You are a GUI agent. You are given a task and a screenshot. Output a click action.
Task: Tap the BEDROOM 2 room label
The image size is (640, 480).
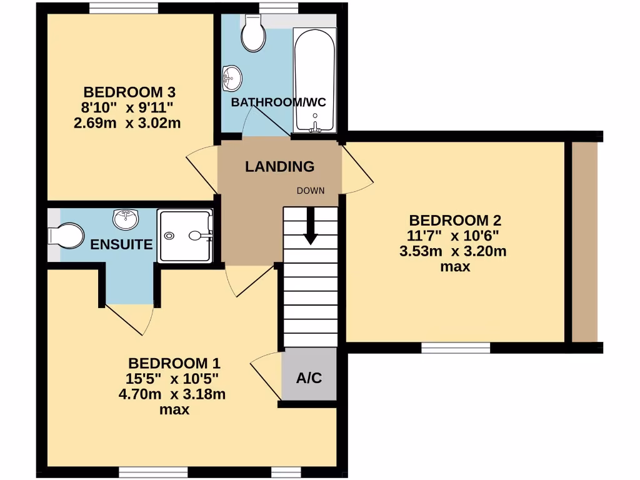[x=455, y=221]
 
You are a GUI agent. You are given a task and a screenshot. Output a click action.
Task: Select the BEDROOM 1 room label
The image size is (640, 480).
[x=174, y=363]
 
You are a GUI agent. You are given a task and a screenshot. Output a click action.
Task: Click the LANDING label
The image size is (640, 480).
[x=279, y=167]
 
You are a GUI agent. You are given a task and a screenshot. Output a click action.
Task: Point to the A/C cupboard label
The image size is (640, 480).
[x=309, y=378]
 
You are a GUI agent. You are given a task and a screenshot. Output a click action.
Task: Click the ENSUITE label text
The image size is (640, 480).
[x=121, y=244]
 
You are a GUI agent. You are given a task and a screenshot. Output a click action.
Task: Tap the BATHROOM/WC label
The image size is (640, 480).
[x=278, y=102]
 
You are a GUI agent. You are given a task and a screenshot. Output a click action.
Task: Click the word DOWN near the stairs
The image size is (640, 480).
[x=311, y=191]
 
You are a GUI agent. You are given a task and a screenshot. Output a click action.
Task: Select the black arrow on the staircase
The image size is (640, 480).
[x=311, y=229]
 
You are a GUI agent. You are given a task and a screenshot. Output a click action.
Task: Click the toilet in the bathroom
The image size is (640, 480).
[x=253, y=34]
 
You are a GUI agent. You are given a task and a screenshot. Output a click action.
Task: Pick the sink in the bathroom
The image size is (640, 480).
[x=232, y=78]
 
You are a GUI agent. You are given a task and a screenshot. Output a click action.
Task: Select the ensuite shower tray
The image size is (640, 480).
[x=185, y=236]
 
